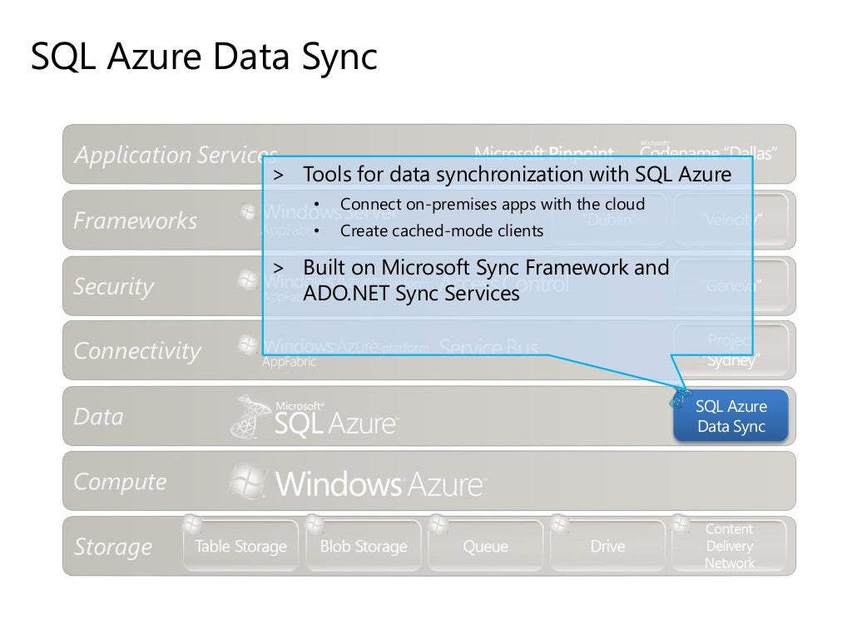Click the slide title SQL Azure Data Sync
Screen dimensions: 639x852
click(x=204, y=57)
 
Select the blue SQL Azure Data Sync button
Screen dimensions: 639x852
click(x=731, y=417)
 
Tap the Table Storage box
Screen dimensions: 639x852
click(x=240, y=547)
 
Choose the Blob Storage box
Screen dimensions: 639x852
click(x=364, y=547)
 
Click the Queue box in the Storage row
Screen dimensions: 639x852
click(x=485, y=547)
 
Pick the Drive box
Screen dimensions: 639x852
click(x=607, y=547)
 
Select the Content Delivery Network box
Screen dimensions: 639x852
click(x=730, y=546)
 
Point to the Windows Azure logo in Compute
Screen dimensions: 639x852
click(x=358, y=483)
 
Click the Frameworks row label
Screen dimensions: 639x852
click(x=135, y=220)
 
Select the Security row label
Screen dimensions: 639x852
click(x=114, y=286)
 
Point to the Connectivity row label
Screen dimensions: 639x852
click(x=137, y=351)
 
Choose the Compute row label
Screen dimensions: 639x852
click(x=120, y=482)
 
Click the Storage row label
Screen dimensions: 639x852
click(x=113, y=547)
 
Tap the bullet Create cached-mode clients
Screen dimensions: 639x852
click(x=441, y=231)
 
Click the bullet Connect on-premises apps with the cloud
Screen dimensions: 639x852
click(x=491, y=205)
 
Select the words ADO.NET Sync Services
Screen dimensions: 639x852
click(x=411, y=294)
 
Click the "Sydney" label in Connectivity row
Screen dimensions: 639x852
click(x=731, y=361)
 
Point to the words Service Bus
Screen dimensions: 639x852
click(x=488, y=348)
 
